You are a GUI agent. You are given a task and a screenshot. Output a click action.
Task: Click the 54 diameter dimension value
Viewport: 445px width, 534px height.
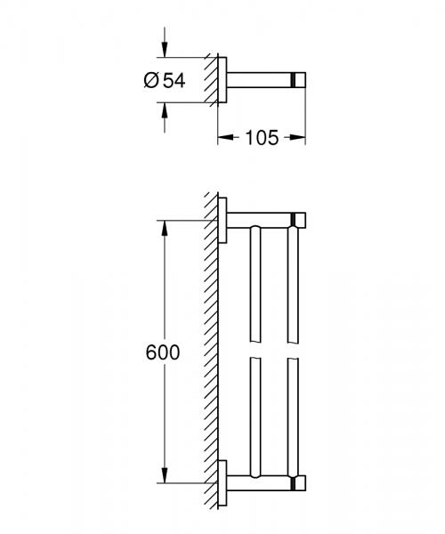[x=174, y=80]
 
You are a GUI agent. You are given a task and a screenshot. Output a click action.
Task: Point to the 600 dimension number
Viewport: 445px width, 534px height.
[x=162, y=352]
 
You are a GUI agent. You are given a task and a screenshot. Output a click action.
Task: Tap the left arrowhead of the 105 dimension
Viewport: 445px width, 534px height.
[x=223, y=138]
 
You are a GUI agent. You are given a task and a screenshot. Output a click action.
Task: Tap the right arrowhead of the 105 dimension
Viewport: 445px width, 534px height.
[x=300, y=138]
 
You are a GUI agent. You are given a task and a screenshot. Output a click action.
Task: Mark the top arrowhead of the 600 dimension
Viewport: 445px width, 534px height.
[x=164, y=226]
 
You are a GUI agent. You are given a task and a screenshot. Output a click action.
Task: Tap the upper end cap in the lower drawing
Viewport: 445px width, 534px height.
[x=299, y=219]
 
